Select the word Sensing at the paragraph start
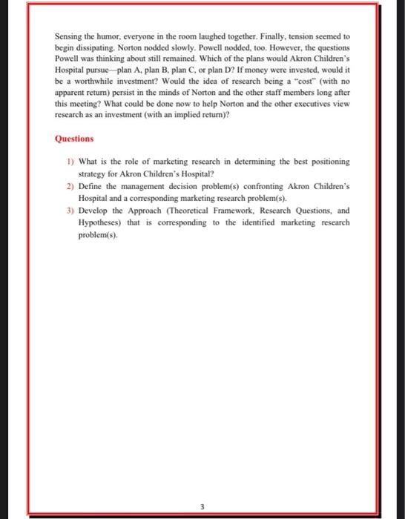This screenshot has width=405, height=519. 68,35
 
